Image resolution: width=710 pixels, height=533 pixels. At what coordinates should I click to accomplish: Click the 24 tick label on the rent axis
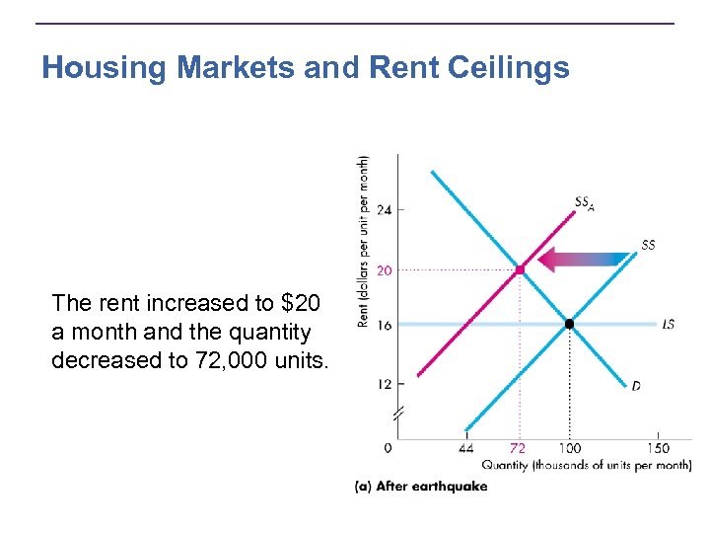coord(384,210)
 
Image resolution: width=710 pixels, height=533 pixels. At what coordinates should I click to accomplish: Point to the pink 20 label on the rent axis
coord(384,269)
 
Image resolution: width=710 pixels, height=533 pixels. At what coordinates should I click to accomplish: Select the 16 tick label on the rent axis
coord(384,325)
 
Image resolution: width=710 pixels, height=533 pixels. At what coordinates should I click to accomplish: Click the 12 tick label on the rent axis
coord(384,383)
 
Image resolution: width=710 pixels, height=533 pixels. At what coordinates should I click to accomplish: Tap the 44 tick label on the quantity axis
coord(465,448)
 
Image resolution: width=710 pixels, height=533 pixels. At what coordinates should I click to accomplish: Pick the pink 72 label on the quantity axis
coord(519,448)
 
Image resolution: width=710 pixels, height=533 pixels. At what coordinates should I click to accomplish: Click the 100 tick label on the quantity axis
coord(569,448)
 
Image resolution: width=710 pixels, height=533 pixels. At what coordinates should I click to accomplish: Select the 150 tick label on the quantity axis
coord(659,448)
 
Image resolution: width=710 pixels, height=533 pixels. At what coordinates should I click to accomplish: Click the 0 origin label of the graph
coord(387,448)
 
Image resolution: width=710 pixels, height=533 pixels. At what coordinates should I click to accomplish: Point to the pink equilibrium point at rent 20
coord(520,268)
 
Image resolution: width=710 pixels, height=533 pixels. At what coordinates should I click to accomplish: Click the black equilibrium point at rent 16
coord(569,324)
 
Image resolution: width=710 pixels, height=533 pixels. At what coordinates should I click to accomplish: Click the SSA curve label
coord(585,204)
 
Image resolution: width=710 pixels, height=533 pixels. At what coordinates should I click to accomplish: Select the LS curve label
coord(669,324)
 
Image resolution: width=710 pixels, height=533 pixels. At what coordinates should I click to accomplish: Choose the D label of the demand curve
coord(636,386)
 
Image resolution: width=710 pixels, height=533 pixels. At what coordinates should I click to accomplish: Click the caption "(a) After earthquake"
coord(421,487)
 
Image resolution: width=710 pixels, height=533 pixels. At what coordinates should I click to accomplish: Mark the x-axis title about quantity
coord(586,466)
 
